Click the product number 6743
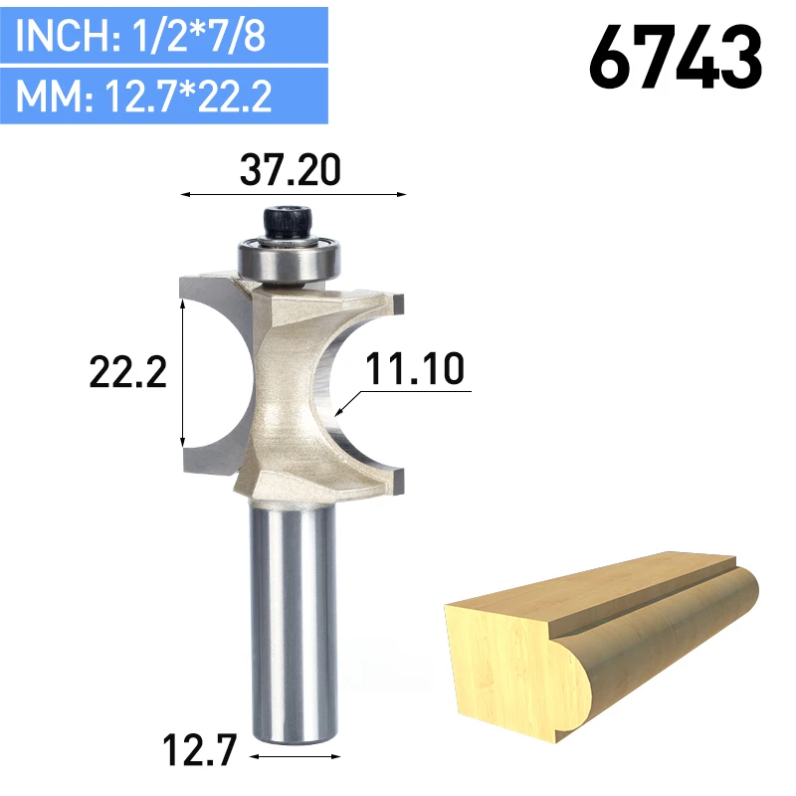pyautogui.click(x=676, y=58)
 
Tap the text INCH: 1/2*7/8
pyautogui.click(x=140, y=35)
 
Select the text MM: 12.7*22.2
pyautogui.click(x=143, y=96)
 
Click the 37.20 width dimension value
pyautogui.click(x=290, y=169)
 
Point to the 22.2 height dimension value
pyautogui.click(x=128, y=372)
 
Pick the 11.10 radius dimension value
pyautogui.click(x=414, y=368)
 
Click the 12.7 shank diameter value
pyautogui.click(x=200, y=750)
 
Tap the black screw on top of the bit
pyautogui.click(x=287, y=222)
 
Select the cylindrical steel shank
pyautogui.click(x=293, y=622)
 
